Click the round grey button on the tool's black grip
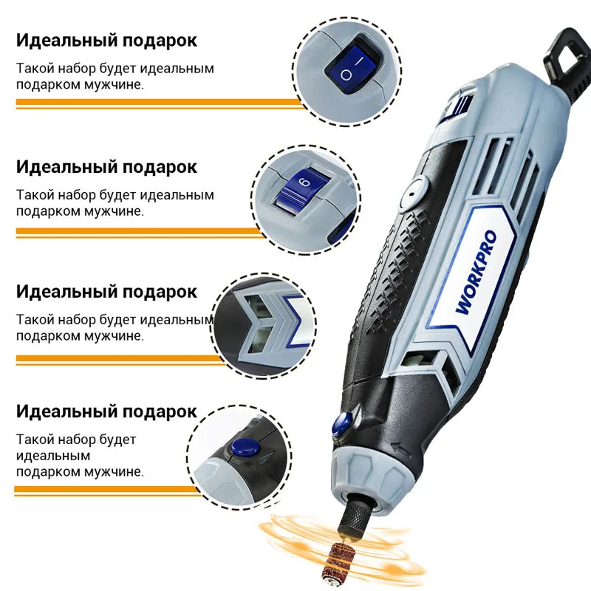(x=410, y=194)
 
